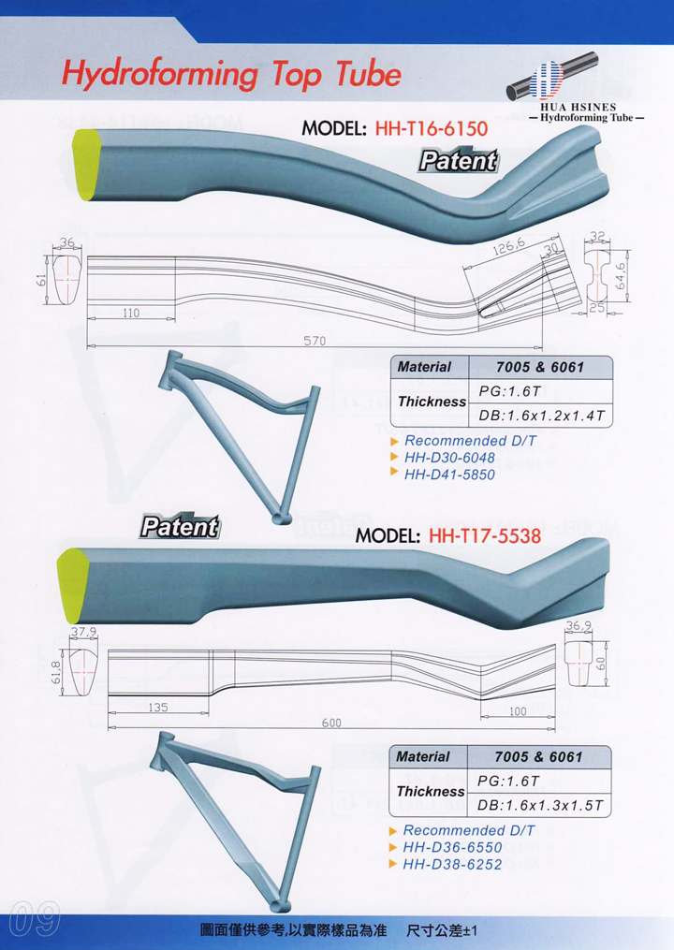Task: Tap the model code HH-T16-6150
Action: tap(432, 129)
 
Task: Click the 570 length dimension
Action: tap(315, 342)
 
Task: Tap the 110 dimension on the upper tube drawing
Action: tap(130, 313)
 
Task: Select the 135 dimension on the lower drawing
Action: tap(157, 708)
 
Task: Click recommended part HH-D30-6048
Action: tap(449, 457)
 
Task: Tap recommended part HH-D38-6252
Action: tap(452, 864)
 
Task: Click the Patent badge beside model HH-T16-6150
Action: tap(457, 160)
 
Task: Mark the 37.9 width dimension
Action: tap(84, 633)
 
